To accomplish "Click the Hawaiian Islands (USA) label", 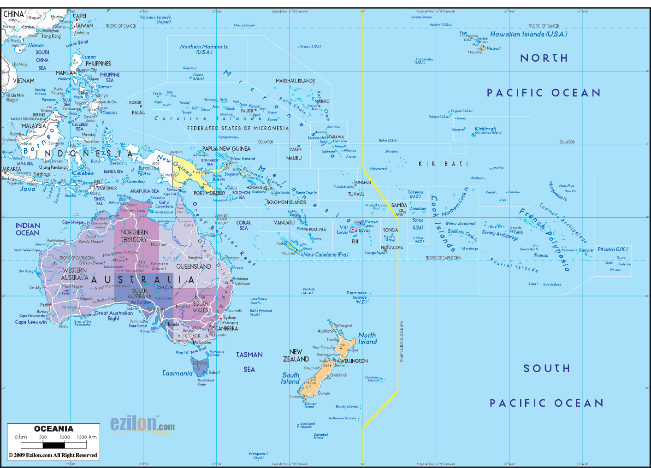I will click(528, 34).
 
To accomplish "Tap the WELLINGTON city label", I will click(354, 361).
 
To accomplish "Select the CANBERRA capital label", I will click(227, 329).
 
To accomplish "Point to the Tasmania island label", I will click(177, 373).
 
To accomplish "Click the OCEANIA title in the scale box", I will click(53, 429).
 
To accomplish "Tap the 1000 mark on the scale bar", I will click(65, 437).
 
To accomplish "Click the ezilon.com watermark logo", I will click(142, 424).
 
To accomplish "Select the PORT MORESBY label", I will click(210, 193).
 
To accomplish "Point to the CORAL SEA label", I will click(243, 225).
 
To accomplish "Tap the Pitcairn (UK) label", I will click(612, 249).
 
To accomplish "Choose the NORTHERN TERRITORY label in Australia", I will click(134, 236).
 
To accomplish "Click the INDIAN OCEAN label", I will click(28, 229).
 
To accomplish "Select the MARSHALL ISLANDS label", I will click(295, 81).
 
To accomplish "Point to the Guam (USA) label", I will click(198, 77).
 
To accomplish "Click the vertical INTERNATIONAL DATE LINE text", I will click(402, 341).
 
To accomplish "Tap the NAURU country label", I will click(294, 158).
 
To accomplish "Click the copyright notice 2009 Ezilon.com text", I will click(53, 455).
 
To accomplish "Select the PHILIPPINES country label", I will click(98, 64).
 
